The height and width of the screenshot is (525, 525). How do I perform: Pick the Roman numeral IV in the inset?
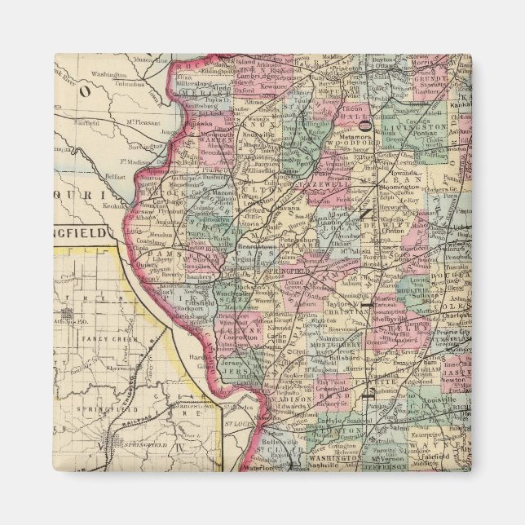pyautogui.click(x=182, y=446)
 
